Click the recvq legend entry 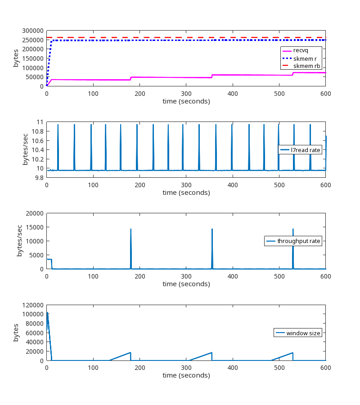[x=301, y=50]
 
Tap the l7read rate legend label [x=306, y=150]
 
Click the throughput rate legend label [x=298, y=241]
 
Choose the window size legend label [x=303, y=333]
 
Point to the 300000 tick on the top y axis [x=32, y=31]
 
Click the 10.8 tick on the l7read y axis [x=37, y=131]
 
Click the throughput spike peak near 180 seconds [x=130, y=229]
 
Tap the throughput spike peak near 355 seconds [x=212, y=229]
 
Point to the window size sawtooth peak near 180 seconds [x=130, y=352]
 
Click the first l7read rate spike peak [x=58, y=125]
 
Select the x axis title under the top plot [x=186, y=101]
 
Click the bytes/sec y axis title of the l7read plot [x=26, y=149]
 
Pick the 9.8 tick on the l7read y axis [x=39, y=177]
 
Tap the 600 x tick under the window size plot [x=325, y=368]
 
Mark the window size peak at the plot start [x=47, y=312]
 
